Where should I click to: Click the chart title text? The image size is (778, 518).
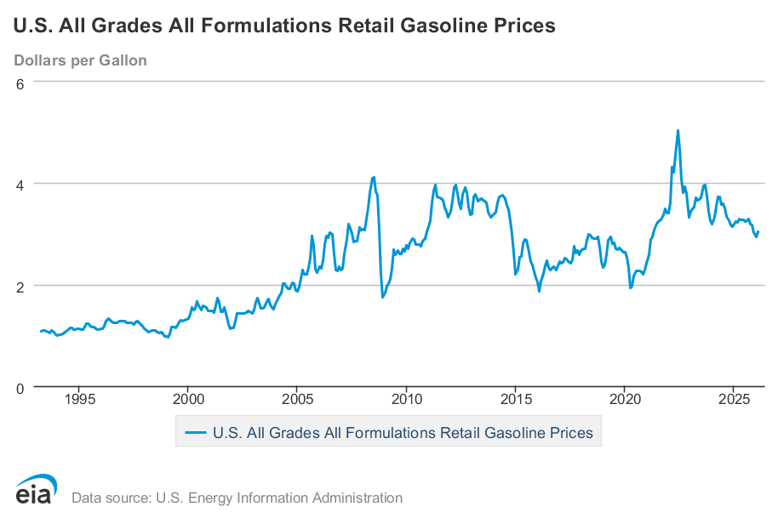284,26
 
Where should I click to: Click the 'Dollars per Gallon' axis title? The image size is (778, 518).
80,60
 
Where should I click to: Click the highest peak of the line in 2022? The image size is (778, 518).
678,130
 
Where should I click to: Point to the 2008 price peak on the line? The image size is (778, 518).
374,177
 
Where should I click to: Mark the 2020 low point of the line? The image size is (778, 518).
631,287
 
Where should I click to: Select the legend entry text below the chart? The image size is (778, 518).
402,432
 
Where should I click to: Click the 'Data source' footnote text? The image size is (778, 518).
237,498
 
